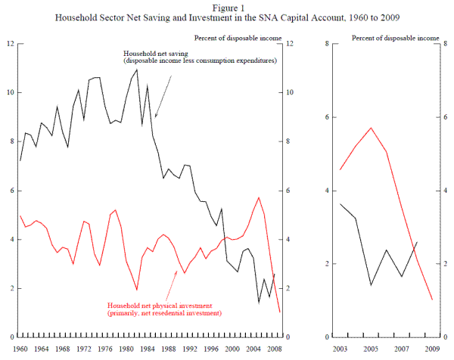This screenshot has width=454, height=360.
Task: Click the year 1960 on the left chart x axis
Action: (20, 349)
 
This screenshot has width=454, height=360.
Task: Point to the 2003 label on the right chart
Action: (340, 349)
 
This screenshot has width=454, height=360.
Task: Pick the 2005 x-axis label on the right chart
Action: (371, 349)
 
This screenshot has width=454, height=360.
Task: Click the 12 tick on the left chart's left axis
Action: (10, 44)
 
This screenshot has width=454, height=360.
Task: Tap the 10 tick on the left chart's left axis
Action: (10, 93)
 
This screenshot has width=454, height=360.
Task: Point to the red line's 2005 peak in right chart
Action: (371, 128)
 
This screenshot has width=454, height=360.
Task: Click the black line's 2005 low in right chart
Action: (371, 285)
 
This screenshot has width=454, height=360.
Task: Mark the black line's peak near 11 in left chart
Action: (137, 69)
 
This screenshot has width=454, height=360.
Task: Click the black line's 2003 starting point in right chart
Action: (340, 203)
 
